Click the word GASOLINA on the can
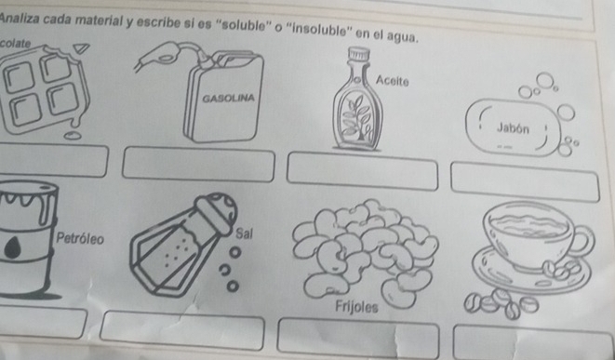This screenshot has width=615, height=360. pyautogui.click(x=228, y=98)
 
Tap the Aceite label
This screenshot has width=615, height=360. pyautogui.click(x=393, y=81)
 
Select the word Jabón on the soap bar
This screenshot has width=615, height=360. pyautogui.click(x=513, y=128)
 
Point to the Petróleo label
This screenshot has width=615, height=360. pyautogui.click(x=80, y=238)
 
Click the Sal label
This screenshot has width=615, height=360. pyautogui.click(x=244, y=233)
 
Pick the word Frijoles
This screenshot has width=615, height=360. pyautogui.click(x=356, y=307)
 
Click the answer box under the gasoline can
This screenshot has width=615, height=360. pyautogui.click(x=198, y=165)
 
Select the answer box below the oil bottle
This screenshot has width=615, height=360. pyautogui.click(x=363, y=171)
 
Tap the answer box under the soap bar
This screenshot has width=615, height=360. pyautogui.click(x=525, y=182)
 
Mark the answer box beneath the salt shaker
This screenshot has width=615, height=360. pyautogui.click(x=182, y=330)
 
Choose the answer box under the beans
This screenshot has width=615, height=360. pyautogui.click(x=358, y=339)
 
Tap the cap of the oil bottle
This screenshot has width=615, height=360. pyautogui.click(x=359, y=54)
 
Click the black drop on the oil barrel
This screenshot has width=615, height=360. pyautogui.click(x=12, y=247)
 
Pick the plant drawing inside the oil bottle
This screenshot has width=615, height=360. pyautogui.click(x=356, y=117)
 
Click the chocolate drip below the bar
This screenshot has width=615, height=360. pyautogui.click(x=73, y=135)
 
